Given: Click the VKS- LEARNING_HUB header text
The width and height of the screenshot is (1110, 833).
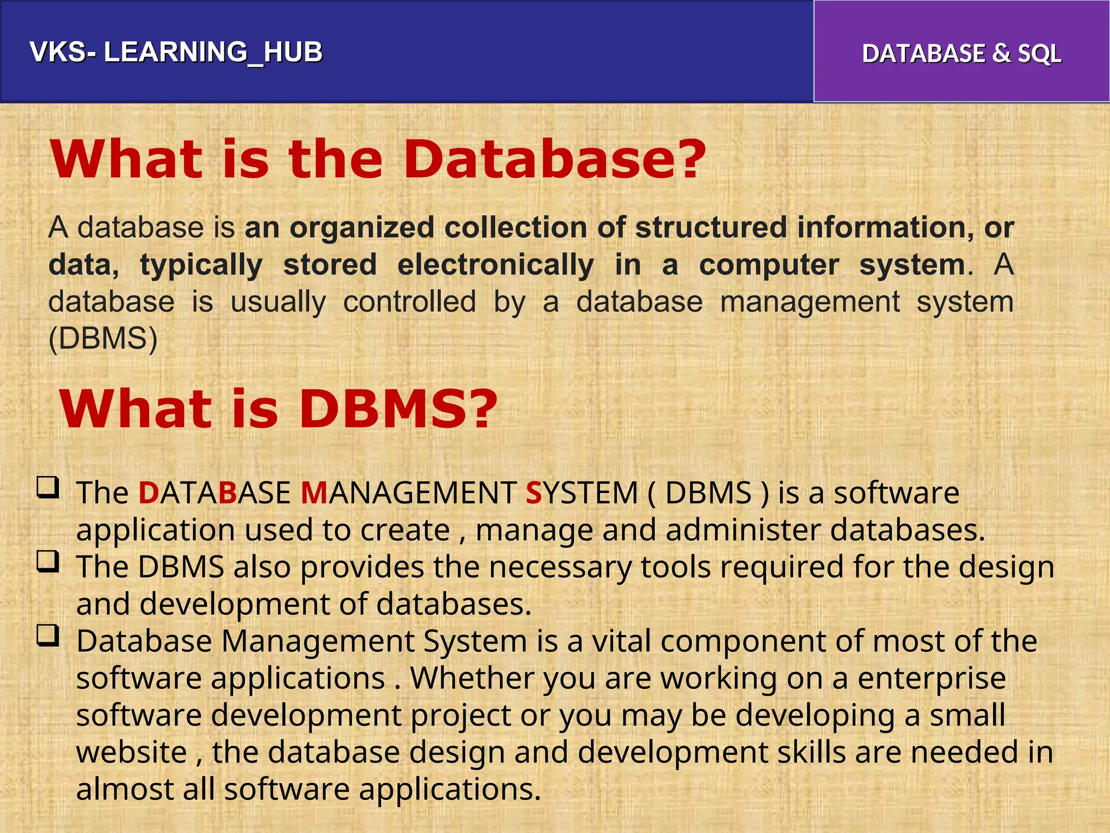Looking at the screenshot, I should coord(176,52).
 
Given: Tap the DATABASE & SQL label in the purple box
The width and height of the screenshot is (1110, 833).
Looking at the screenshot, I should coord(961,54).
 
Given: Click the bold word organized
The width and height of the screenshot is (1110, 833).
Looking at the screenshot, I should coord(362,227).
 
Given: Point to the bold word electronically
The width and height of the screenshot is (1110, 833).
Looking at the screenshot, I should coord(495,265).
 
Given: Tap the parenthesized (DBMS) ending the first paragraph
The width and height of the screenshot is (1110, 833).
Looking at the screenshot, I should coord(103,339).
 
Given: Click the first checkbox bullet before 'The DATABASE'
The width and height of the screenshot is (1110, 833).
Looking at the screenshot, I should coord(48,487).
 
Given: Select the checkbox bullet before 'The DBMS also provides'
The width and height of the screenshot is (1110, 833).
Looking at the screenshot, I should coord(48,561).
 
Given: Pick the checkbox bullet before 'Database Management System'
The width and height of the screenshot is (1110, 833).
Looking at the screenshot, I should coord(48,635).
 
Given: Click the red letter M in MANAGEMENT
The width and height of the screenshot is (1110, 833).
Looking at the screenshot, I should coord(313,494).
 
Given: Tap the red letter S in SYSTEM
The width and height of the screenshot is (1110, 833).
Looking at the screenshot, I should coord(534,494).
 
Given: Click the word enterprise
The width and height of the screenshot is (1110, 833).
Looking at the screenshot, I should coord(932,678).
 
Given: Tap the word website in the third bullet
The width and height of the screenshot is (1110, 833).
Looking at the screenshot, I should coord(132,752).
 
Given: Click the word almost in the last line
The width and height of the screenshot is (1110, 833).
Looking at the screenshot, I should coord(125,789).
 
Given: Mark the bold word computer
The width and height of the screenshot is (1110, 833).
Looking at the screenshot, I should coord(769,265).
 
